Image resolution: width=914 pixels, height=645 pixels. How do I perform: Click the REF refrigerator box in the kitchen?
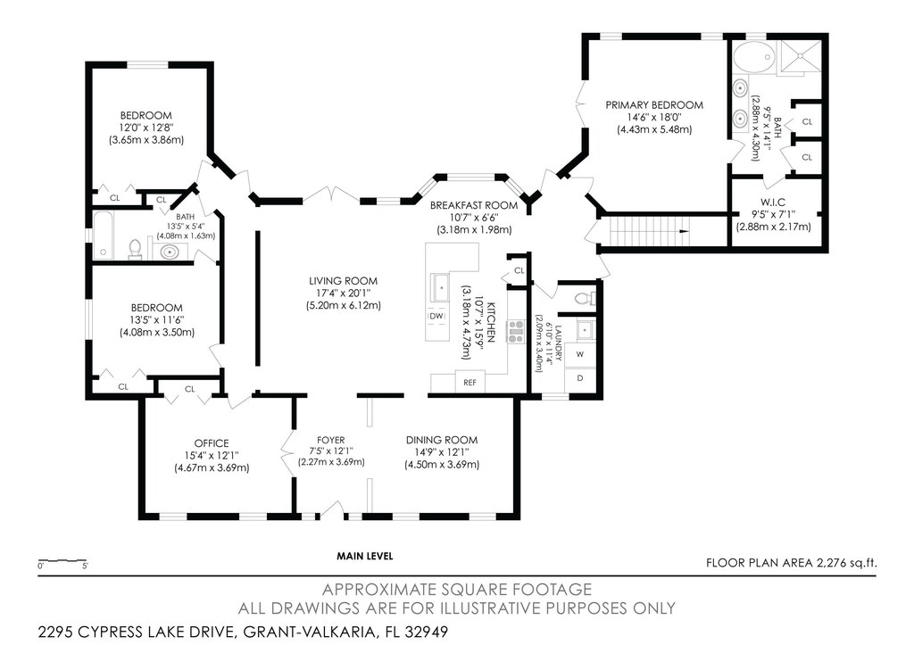tap(469, 382)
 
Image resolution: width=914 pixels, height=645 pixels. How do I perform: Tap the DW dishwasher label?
tap(436, 316)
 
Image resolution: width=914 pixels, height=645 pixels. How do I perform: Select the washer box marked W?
tap(580, 354)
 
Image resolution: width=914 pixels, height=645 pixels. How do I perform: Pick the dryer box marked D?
tap(580, 378)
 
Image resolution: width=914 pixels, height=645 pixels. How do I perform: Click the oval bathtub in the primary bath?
tap(752, 58)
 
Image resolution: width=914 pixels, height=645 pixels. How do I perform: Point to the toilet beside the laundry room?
tap(586, 299)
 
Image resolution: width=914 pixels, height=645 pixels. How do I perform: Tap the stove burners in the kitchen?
tap(515, 331)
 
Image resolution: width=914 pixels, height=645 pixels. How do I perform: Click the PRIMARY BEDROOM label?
tap(654, 105)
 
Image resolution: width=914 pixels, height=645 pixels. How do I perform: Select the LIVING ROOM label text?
tap(344, 281)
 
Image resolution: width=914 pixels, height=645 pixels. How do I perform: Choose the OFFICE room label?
tap(212, 443)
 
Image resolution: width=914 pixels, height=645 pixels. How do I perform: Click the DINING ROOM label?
tap(442, 440)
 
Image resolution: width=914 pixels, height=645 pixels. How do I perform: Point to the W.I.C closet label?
tap(773, 203)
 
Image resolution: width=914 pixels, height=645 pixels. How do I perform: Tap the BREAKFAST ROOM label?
tap(474, 205)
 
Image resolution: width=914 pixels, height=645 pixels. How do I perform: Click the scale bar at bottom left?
tap(62, 561)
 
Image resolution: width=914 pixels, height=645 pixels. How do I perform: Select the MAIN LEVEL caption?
tap(365, 556)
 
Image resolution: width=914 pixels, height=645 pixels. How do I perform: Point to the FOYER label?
tap(331, 440)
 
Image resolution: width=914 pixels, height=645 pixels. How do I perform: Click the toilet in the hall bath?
tap(136, 249)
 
